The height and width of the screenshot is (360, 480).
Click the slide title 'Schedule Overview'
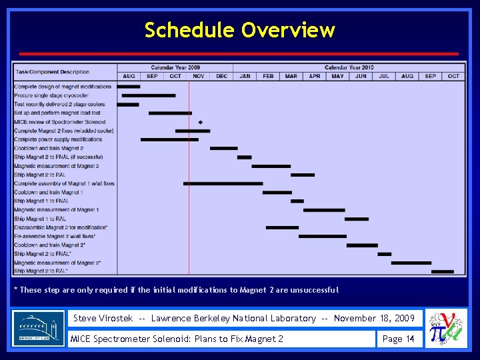point(239,30)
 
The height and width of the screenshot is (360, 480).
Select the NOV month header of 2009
point(199,76)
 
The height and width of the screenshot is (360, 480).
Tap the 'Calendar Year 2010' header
point(349,67)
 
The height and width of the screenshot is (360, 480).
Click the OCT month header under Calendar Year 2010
point(453,76)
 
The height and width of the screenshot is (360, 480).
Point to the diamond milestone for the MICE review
point(201,122)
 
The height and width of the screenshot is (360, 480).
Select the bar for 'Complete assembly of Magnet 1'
point(223,183)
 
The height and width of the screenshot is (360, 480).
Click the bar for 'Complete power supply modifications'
point(169,139)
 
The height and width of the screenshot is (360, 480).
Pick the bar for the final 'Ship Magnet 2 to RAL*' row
point(442,271)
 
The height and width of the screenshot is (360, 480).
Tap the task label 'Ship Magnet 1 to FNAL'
point(41,201)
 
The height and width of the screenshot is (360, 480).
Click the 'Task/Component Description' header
point(53,72)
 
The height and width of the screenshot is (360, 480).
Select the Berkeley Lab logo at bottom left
point(39,328)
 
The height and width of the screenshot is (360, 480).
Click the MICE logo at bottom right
point(445,328)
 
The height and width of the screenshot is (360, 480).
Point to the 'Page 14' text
point(398,339)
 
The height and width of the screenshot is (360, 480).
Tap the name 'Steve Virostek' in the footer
point(103,318)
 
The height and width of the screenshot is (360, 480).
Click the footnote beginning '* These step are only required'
point(177,290)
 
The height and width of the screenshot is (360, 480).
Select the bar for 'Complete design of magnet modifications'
point(129,87)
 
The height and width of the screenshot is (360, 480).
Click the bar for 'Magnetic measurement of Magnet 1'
point(324,210)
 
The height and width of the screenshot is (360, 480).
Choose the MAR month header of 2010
point(291,76)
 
